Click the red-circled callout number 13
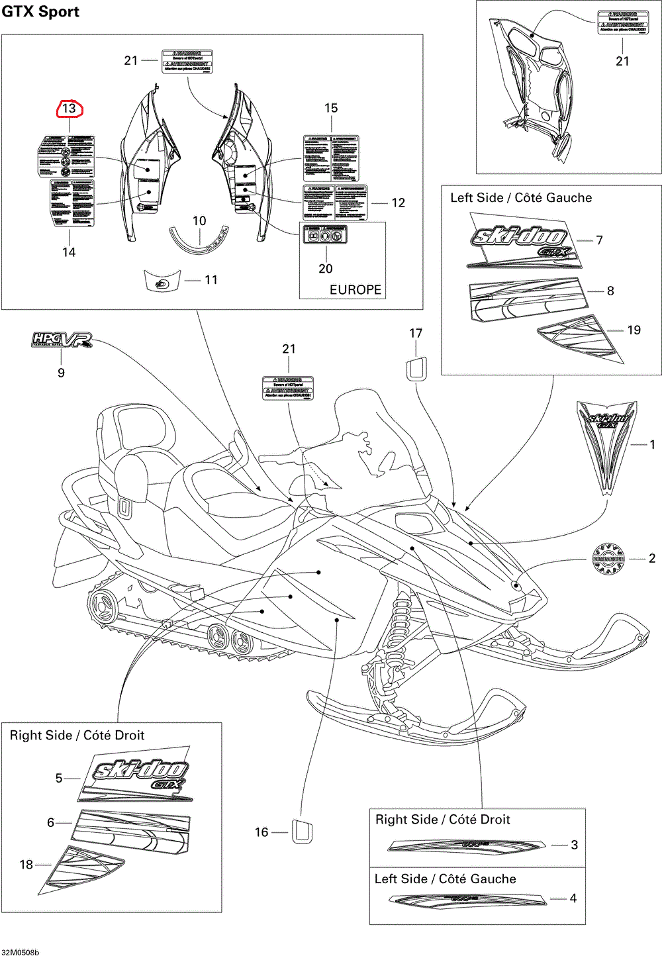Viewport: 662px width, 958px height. point(70,109)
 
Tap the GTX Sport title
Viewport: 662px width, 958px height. point(40,11)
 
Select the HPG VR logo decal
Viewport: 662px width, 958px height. point(62,340)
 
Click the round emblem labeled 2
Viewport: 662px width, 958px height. point(608,559)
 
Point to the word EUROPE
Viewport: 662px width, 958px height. point(355,289)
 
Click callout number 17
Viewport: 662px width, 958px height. point(416,333)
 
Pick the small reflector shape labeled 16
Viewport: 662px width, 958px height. point(302,832)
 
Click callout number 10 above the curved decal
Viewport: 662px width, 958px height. point(199,220)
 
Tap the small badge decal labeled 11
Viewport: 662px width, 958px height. point(162,280)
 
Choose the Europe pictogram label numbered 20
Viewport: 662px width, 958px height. point(325,235)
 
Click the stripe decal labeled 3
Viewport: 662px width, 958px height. point(466,845)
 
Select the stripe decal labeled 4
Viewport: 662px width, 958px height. point(467,898)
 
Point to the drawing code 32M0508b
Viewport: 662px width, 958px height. point(20,952)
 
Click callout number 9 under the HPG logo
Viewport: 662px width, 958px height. point(61,373)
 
